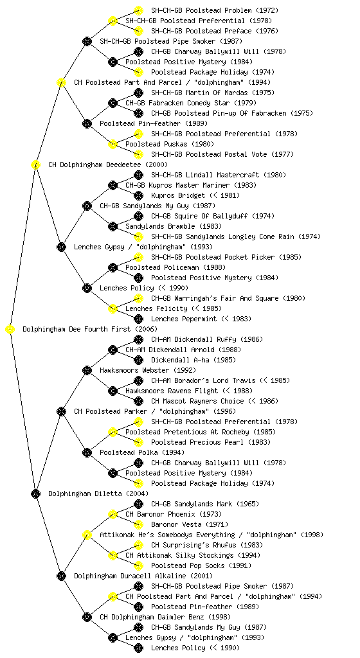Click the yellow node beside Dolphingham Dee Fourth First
point(10,330)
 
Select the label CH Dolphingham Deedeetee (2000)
point(108,164)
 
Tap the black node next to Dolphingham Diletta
point(35,494)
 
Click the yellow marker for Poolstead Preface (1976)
point(138,31)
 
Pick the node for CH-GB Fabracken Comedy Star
point(113,103)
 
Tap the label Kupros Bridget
point(178,195)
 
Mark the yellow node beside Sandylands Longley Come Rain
point(138,236)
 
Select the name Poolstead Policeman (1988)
point(175,267)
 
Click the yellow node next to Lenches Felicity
point(113,308)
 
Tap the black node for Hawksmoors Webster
point(87,370)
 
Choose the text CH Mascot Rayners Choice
point(197,401)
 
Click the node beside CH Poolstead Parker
point(61,411)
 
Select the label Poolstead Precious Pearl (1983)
point(211,442)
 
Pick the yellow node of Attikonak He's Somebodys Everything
point(87,535)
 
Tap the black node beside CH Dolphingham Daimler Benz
point(87,617)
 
